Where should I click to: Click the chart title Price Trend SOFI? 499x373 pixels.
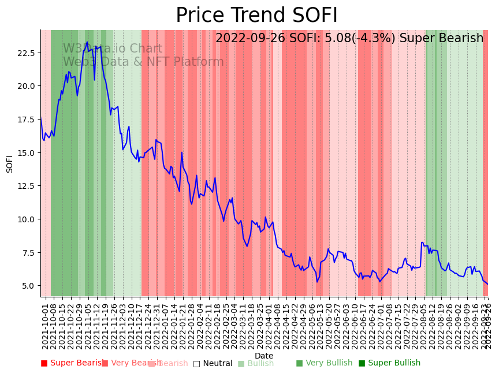coord(256,16)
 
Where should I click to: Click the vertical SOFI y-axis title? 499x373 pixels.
coord(10,163)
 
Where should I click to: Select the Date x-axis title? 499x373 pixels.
coord(264,356)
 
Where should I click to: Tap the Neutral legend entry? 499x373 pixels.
coord(213,364)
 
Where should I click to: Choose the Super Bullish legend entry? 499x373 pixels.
coord(389,363)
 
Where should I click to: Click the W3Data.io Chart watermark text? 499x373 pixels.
coord(113,49)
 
